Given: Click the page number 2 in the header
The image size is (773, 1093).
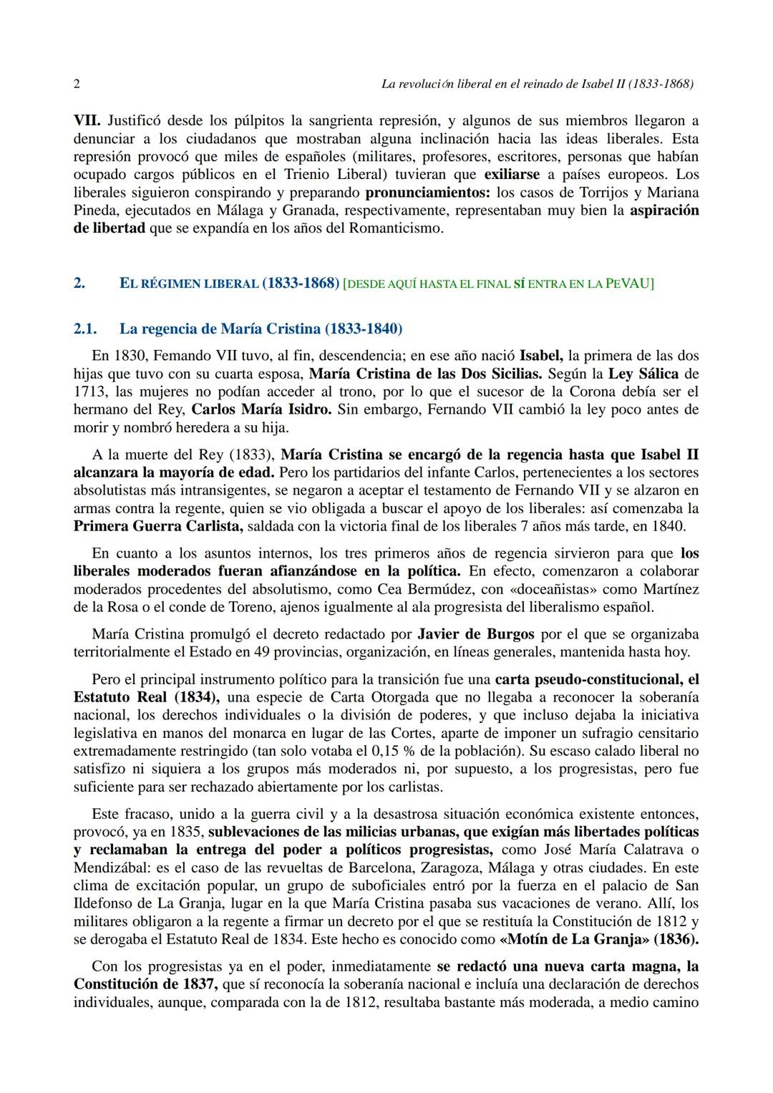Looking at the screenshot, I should tap(77, 84).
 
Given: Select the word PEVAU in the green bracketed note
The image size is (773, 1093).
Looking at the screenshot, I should tap(629, 283).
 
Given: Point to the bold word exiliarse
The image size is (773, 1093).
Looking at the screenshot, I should tap(512, 175).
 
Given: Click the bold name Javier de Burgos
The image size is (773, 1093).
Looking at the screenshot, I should tap(475, 634).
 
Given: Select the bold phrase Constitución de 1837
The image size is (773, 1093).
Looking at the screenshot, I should tap(145, 984).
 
